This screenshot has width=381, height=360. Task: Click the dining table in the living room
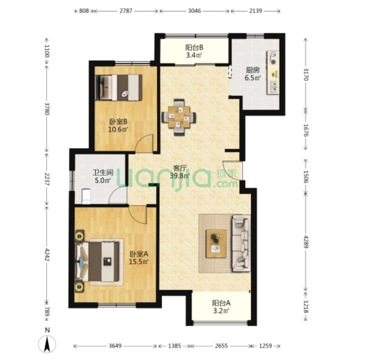179,117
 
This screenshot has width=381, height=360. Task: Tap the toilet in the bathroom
86,196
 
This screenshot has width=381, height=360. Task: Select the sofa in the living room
241,243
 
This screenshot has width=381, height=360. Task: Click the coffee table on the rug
216,244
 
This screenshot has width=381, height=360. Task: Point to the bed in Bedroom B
118,87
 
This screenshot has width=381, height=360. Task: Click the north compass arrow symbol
47,344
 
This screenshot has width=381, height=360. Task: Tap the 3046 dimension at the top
194,11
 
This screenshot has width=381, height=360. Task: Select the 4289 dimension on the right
305,242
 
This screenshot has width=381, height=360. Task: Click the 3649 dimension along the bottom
115,346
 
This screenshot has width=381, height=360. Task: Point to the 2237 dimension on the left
47,179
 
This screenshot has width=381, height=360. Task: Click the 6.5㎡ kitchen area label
253,78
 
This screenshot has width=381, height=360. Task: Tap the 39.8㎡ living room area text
180,176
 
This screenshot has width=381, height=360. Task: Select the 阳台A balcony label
221,303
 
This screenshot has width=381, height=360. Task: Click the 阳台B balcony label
194,47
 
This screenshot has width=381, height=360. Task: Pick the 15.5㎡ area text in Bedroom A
139,261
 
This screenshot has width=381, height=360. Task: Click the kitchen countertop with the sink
273,73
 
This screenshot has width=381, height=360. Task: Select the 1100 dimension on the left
47,51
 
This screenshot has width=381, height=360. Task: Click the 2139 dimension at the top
255,11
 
